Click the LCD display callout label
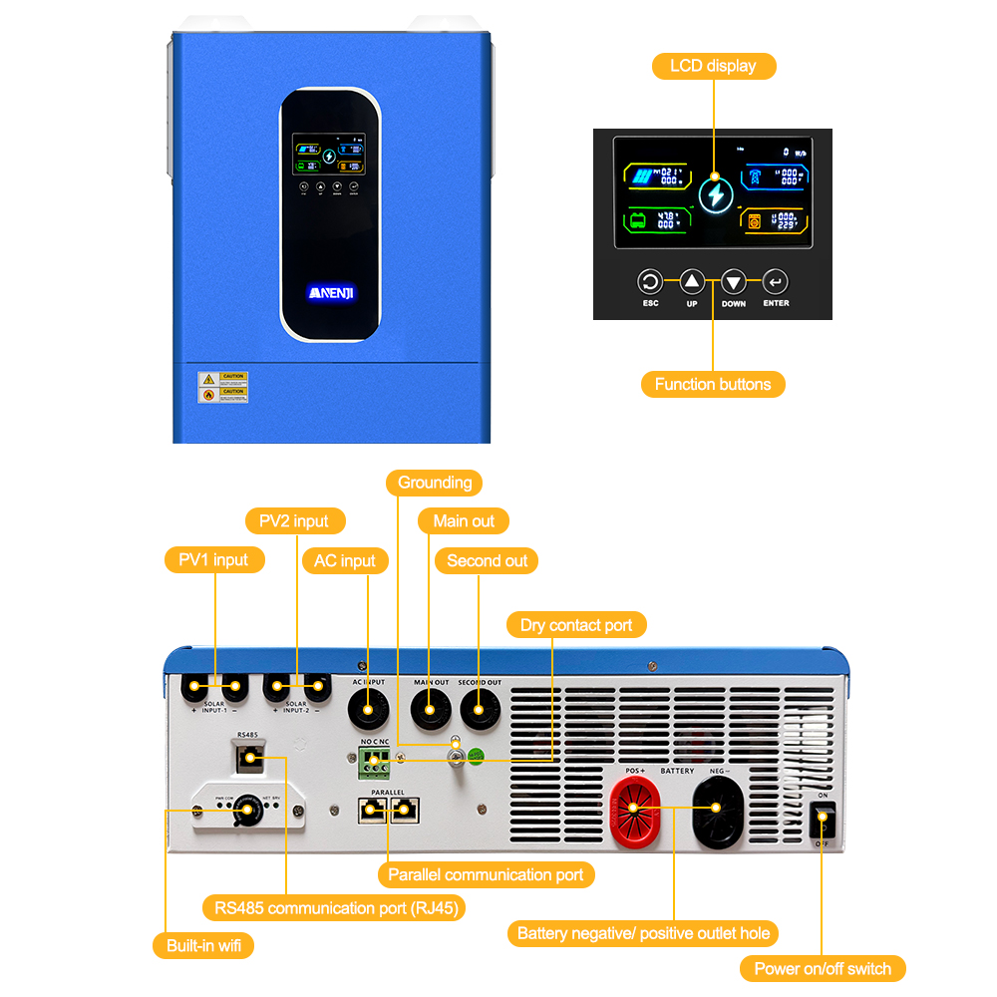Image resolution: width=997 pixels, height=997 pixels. pyautogui.click(x=713, y=66)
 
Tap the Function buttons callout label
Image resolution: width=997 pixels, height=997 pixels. pyautogui.click(x=713, y=384)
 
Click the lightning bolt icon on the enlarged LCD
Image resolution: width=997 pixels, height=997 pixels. pyautogui.click(x=714, y=194)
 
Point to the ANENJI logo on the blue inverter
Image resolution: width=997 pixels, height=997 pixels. pyautogui.click(x=330, y=292)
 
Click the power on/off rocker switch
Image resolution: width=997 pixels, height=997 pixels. pyautogui.click(x=823, y=821)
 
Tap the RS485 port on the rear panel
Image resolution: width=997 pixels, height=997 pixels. pyautogui.click(x=246, y=759)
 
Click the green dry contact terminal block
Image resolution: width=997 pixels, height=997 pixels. pyautogui.click(x=375, y=763)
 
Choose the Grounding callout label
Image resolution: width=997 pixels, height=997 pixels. pyautogui.click(x=435, y=483)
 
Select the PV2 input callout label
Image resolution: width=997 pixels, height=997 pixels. pyautogui.click(x=295, y=520)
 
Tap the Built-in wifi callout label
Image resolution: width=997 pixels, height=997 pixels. pyautogui.click(x=203, y=945)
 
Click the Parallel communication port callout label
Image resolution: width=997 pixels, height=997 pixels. pyautogui.click(x=486, y=874)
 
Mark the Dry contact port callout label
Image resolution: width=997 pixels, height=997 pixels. pyautogui.click(x=576, y=625)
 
